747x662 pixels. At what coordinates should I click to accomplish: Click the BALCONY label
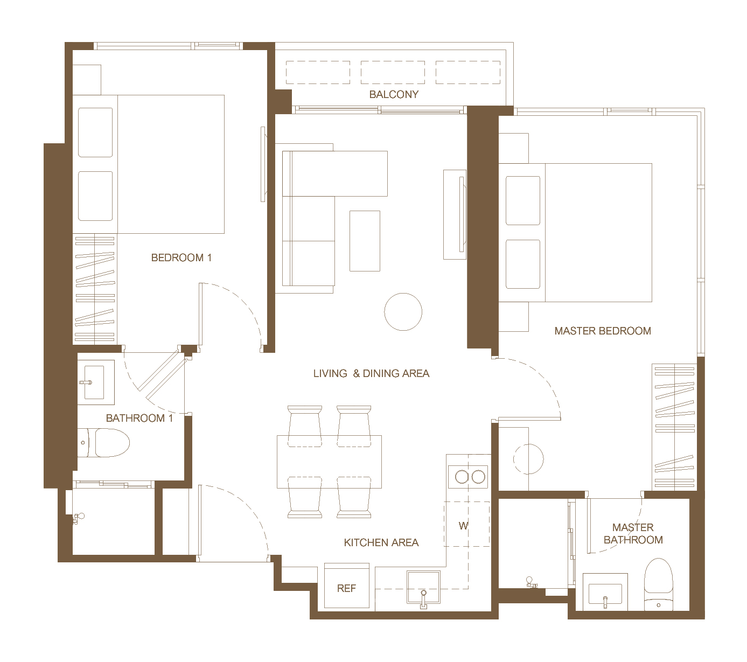pyautogui.click(x=393, y=94)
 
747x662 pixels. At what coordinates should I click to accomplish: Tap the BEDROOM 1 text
pyautogui.click(x=181, y=257)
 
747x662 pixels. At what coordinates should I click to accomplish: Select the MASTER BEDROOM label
pyautogui.click(x=603, y=331)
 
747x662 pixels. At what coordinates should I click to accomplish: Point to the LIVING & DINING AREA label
pyautogui.click(x=371, y=373)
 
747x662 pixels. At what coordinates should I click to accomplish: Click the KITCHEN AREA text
pyautogui.click(x=381, y=542)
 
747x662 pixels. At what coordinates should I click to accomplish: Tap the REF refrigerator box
pyautogui.click(x=346, y=586)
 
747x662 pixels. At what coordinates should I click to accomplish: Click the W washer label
pyautogui.click(x=464, y=526)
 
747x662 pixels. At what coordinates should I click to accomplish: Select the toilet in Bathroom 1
pyautogui.click(x=103, y=442)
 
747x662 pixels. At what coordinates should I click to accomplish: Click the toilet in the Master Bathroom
pyautogui.click(x=658, y=584)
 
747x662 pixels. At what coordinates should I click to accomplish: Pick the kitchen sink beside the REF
pyautogui.click(x=423, y=587)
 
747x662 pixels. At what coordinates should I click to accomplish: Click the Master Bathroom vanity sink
pyautogui.click(x=605, y=592)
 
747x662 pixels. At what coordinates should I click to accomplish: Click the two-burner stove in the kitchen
pyautogui.click(x=468, y=477)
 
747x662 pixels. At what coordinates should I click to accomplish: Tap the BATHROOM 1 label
pyautogui.click(x=139, y=418)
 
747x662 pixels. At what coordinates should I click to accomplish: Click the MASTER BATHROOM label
pyautogui.click(x=633, y=534)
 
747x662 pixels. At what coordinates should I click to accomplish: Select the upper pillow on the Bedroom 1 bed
pyautogui.click(x=95, y=133)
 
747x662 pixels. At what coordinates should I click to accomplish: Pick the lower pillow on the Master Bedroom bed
pyautogui.click(x=523, y=264)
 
